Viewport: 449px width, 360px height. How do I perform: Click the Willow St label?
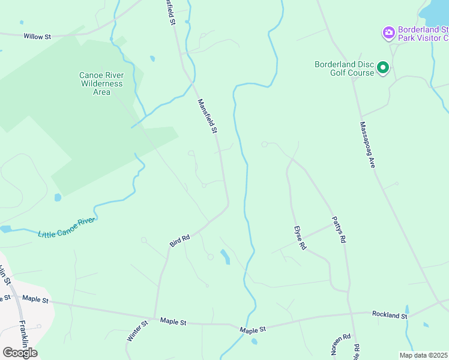pos(37,37)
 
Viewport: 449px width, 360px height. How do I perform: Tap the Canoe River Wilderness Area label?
pos(102,83)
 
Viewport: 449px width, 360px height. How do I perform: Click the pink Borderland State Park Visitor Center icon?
pos(388,32)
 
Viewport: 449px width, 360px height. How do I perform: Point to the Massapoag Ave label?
pos(367,145)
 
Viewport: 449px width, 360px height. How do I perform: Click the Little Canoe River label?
pos(67,227)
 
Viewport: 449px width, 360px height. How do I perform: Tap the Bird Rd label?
pos(179,240)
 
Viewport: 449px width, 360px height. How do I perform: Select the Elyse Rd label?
pos(300,238)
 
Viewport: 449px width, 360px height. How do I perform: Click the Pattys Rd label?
pos(339,230)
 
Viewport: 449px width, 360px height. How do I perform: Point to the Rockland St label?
pos(390,314)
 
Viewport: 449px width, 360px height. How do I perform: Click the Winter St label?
pos(137,331)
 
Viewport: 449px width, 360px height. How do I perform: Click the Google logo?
pos(20,352)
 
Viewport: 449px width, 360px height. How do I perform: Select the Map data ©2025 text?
pos(423,355)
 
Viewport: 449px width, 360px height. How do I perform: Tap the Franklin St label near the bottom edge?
pos(23,336)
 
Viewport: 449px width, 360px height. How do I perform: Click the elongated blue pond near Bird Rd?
pos(224,256)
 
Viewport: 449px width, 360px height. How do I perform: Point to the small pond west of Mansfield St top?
pos(152,59)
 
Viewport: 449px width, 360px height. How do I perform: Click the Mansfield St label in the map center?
pos(207,116)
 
